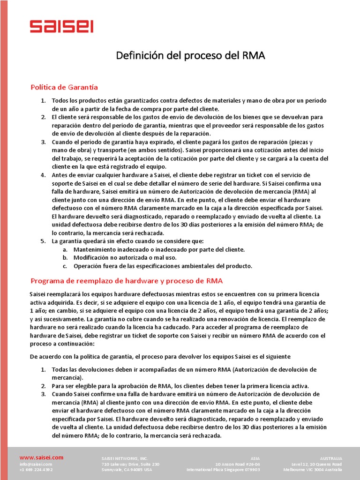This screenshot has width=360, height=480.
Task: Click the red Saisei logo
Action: pyautogui.click(x=61, y=27)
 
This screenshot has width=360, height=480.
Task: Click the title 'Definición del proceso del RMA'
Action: pyautogui.click(x=191, y=56)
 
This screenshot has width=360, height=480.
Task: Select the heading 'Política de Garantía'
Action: pyautogui.click(x=64, y=87)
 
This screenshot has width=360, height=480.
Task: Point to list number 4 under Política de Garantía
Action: pyautogui.click(x=43, y=175)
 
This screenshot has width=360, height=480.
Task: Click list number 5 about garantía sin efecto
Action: pyautogui.click(x=43, y=241)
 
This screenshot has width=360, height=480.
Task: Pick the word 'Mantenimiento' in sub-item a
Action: pyautogui.click(x=96, y=249)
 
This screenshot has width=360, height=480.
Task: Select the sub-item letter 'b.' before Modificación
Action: pyautogui.click(x=65, y=258)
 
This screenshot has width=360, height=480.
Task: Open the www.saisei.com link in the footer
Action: pyautogui.click(x=41, y=457)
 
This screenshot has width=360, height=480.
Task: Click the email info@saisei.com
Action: pyautogui.click(x=36, y=464)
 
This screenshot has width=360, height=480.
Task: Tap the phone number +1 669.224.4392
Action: pyautogui.click(x=36, y=470)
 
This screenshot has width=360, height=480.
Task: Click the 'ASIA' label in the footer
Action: pyautogui.click(x=255, y=458)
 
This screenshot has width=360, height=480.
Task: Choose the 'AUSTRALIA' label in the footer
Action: pyautogui.click(x=331, y=458)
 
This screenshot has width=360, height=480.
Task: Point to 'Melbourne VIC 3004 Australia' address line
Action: pyautogui.click(x=313, y=470)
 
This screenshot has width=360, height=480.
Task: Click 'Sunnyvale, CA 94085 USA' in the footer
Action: pyautogui.click(x=127, y=470)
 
